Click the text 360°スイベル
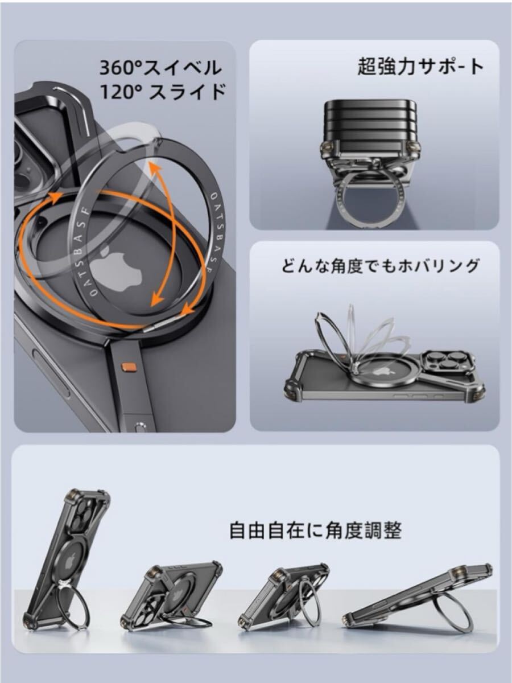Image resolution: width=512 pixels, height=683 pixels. [160, 68]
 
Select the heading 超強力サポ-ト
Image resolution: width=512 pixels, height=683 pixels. [420, 67]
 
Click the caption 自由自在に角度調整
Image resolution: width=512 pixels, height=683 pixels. [315, 530]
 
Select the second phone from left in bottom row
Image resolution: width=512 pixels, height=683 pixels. [171, 595]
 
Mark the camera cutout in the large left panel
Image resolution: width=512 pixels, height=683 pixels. [28, 159]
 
